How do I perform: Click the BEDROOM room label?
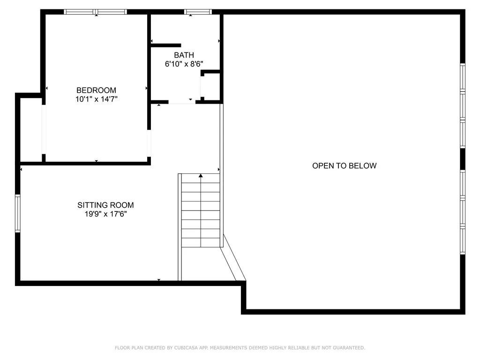click(x=96, y=90)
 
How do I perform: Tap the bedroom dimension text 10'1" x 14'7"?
click(x=96, y=99)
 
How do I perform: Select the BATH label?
click(x=184, y=55)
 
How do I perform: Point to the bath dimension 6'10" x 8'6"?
click(x=184, y=64)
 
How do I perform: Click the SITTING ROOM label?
click(x=105, y=205)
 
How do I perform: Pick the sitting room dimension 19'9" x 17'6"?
click(x=105, y=214)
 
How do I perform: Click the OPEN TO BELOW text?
click(x=344, y=165)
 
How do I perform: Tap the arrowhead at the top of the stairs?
click(x=201, y=176)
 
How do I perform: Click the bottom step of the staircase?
click(x=201, y=242)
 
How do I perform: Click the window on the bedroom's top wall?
click(x=96, y=12)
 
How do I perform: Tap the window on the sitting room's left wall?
click(x=18, y=213)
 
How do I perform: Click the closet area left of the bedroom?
click(x=31, y=129)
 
